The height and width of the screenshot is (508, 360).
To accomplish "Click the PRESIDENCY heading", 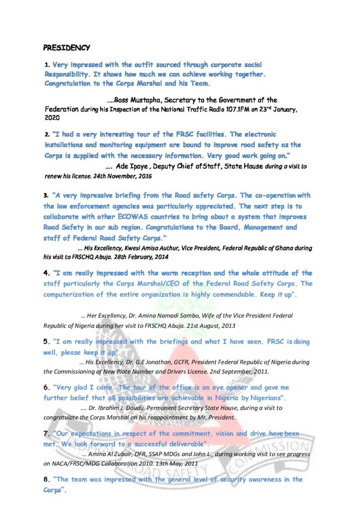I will [x=67, y=48].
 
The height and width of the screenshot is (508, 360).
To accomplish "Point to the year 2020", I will [x=52, y=119].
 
